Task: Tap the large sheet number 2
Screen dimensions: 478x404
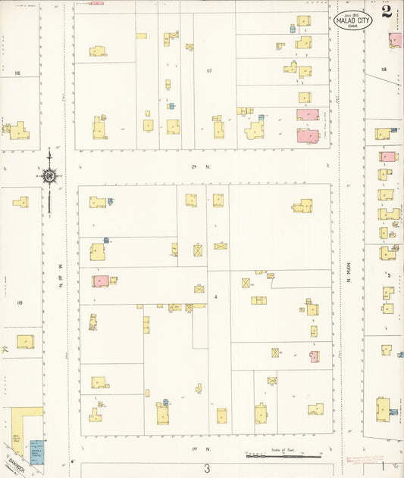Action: (x=387, y=11)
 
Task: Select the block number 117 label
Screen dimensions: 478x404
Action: (x=208, y=71)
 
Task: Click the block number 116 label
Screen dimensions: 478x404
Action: (x=17, y=73)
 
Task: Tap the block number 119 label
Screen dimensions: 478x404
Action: (x=18, y=303)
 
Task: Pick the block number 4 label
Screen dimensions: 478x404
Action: (x=215, y=296)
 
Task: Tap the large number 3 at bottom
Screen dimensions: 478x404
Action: (x=206, y=468)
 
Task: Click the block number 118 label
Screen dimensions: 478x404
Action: (x=384, y=69)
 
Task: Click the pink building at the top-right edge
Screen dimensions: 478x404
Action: (x=396, y=39)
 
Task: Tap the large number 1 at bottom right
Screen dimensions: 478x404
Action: (x=384, y=467)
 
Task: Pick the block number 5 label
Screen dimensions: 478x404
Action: (x=389, y=275)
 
